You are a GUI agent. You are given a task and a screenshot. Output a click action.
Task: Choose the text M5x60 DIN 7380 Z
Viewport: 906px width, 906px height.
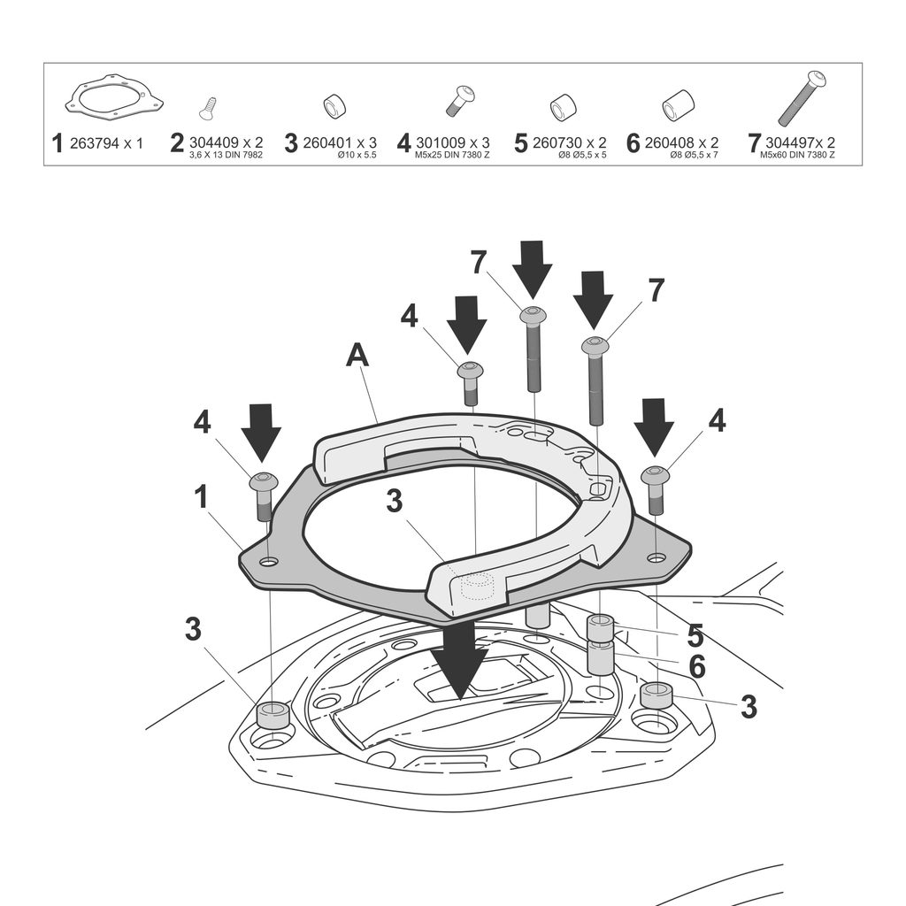pyautogui.click(x=797, y=155)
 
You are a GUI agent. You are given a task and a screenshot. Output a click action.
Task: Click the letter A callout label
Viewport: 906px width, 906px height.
pyautogui.click(x=357, y=356)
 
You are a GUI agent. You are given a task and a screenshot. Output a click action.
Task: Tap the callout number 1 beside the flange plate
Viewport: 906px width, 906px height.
pyautogui.click(x=202, y=497)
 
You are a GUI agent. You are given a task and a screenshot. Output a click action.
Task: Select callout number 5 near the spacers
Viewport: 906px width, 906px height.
pyautogui.click(x=695, y=635)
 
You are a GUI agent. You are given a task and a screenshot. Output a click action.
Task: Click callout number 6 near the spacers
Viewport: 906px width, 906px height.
pyautogui.click(x=697, y=666)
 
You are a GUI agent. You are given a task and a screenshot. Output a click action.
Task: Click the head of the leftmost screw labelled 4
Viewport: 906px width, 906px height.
pyautogui.click(x=264, y=482)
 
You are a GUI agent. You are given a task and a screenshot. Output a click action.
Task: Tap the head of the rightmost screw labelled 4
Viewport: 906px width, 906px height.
pyautogui.click(x=655, y=475)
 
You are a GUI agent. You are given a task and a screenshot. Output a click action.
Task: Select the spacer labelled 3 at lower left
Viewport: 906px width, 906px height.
pyautogui.click(x=273, y=712)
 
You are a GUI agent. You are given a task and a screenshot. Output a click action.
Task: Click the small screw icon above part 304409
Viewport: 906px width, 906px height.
pyautogui.click(x=209, y=107)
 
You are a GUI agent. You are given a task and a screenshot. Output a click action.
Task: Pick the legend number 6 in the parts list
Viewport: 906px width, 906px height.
pyautogui.click(x=633, y=143)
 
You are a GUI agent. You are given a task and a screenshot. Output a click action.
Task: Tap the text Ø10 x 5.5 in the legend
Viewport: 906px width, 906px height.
pyautogui.click(x=357, y=155)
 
